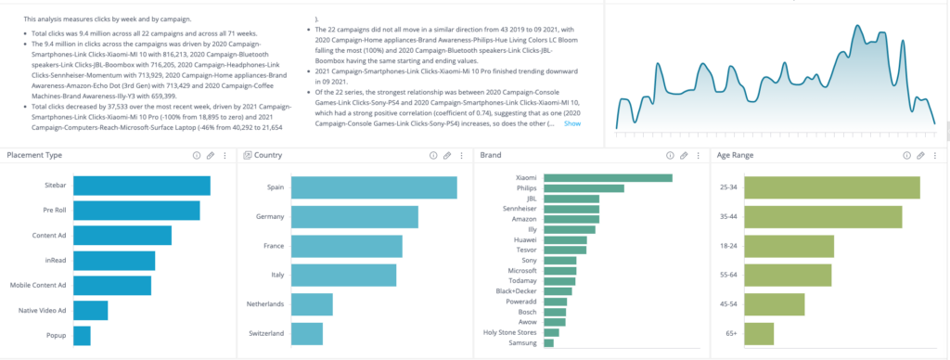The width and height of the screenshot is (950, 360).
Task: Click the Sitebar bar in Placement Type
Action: coord(141,186)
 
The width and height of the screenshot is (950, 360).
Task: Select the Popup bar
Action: coord(82,335)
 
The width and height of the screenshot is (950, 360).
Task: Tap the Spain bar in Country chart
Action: coord(374,187)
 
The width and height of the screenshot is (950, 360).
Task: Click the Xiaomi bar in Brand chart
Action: coord(608,177)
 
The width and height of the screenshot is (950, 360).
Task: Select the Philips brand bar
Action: coord(584,188)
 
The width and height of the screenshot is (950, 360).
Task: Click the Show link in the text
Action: coord(572,123)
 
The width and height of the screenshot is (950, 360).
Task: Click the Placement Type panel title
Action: coord(34,156)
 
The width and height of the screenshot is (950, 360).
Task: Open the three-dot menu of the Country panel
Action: coord(462,156)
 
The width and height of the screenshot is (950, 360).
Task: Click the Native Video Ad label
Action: coord(41,310)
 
